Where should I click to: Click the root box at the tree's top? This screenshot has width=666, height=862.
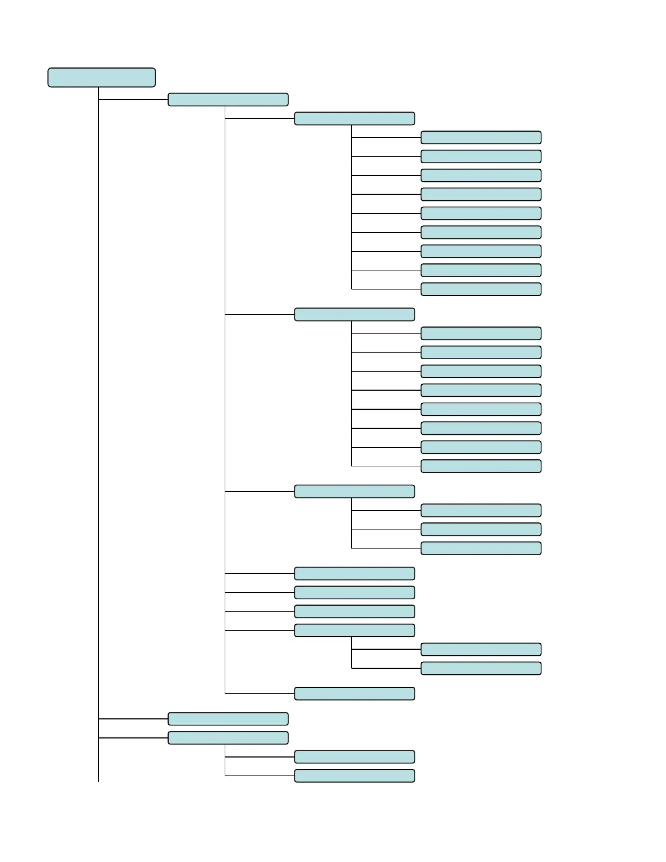click(102, 77)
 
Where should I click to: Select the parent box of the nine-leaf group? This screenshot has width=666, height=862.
click(354, 119)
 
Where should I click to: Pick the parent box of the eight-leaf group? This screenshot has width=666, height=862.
click(354, 315)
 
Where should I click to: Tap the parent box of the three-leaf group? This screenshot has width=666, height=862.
click(354, 491)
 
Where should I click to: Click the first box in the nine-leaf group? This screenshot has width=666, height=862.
click(481, 137)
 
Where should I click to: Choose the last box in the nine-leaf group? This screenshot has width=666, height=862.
click(481, 289)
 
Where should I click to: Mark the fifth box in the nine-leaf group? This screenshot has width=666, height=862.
click(481, 213)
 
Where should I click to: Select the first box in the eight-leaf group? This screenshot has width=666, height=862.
click(481, 333)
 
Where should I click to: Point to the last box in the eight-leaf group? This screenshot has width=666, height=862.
click(481, 466)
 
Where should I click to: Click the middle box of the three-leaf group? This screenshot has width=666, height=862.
click(481, 529)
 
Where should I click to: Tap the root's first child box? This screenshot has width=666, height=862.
click(228, 100)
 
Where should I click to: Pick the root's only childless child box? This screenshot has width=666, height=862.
click(228, 719)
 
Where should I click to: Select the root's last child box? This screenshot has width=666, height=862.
click(228, 738)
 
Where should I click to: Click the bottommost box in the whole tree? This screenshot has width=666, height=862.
click(354, 775)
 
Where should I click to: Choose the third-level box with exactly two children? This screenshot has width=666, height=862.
click(354, 630)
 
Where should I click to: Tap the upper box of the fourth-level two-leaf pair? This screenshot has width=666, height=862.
click(481, 649)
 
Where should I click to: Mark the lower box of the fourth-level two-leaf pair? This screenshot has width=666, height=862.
click(481, 668)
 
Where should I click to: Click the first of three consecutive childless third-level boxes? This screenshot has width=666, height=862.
click(354, 574)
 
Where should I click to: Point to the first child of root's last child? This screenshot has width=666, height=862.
click(354, 757)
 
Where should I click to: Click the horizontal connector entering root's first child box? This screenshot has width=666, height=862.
click(133, 100)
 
